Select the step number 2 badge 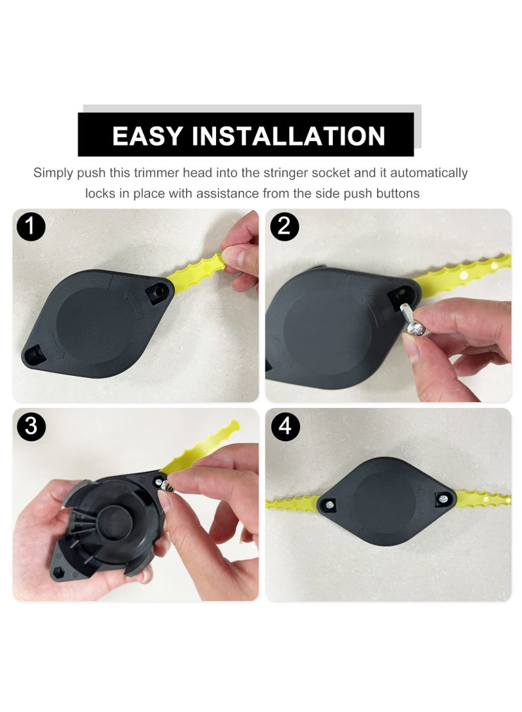pyautogui.click(x=283, y=227)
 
